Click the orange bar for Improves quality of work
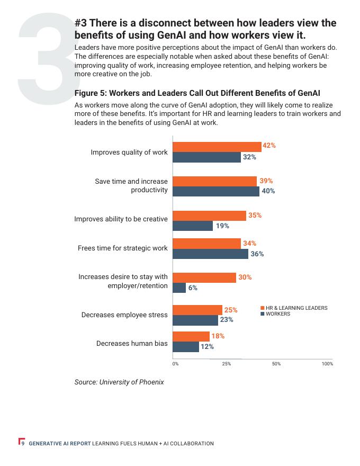tap(217, 147)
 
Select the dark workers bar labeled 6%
tap(179, 288)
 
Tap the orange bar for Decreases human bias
tap(191, 336)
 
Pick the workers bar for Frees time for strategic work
tap(211, 254)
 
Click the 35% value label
tap(255, 216)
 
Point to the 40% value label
tap(268, 191)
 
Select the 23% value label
tap(227, 320)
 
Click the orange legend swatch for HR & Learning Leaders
tap(262, 308)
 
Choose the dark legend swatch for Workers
tap(262, 314)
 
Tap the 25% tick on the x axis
tap(227, 364)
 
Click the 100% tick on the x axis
tap(327, 364)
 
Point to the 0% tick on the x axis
tap(175, 364)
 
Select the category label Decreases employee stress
tap(124, 315)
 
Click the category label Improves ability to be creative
tap(121, 219)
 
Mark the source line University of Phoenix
tap(119, 382)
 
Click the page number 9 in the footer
tap(23, 443)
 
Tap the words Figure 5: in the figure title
tap(92, 93)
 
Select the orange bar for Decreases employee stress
tap(197, 310)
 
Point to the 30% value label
tap(245, 277)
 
